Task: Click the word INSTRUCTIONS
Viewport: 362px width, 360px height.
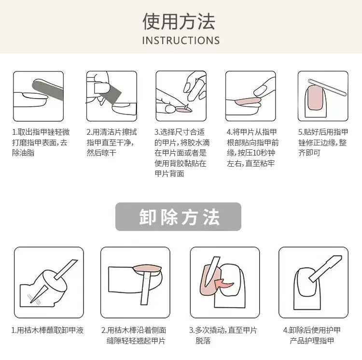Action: [x=181, y=41]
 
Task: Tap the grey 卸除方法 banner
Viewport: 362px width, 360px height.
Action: [x=178, y=217]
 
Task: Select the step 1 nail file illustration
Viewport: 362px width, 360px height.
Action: [x=38, y=96]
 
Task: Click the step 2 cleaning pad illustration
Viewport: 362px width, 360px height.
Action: [x=111, y=96]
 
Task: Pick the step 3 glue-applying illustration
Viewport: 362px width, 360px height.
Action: [x=181, y=96]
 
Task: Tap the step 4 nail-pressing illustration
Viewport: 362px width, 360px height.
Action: [x=251, y=96]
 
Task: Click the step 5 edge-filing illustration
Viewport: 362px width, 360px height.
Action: [x=322, y=96]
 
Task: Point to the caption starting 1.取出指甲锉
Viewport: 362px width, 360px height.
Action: [x=41, y=142]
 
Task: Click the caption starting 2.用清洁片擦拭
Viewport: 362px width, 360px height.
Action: [x=111, y=142]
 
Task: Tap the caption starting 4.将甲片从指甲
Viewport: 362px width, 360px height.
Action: [x=252, y=147]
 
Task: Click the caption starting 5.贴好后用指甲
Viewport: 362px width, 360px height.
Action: [x=322, y=142]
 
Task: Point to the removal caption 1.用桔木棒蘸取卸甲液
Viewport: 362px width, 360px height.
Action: [x=48, y=331]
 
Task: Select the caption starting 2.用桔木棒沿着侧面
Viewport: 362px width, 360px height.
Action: [x=134, y=335]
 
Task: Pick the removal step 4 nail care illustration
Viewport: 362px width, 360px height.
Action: [x=313, y=282]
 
